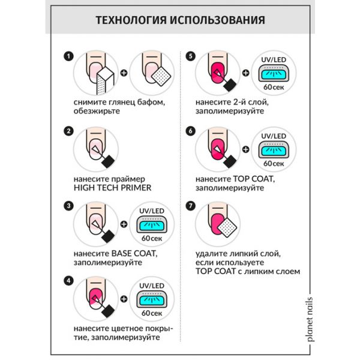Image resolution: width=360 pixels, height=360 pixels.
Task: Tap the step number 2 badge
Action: (69, 131)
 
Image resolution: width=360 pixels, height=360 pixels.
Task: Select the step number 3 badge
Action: (69, 206)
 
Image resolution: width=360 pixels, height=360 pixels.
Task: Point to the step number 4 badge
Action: (69, 280)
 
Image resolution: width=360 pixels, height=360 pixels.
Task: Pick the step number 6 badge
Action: (191, 131)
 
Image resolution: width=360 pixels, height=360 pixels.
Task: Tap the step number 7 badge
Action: (191, 206)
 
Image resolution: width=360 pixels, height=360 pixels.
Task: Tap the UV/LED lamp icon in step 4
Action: (152, 298)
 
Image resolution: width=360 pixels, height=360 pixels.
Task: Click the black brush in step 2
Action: (108, 160)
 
